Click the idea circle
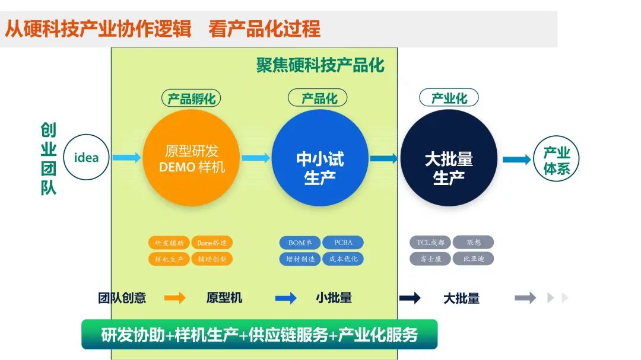pyautogui.click(x=86, y=158)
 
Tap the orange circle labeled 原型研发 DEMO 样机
pyautogui.click(x=191, y=158)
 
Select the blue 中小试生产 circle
pyautogui.click(x=320, y=158)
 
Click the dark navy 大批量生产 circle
pyautogui.click(x=449, y=158)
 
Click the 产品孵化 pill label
pyautogui.click(x=191, y=98)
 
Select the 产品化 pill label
pyautogui.click(x=318, y=98)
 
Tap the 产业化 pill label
pyautogui.click(x=449, y=98)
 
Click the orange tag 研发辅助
pyautogui.click(x=169, y=243)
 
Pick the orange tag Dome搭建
pyautogui.click(x=212, y=243)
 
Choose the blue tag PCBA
pyautogui.click(x=343, y=243)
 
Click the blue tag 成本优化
pyautogui.click(x=343, y=259)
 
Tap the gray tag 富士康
pyautogui.click(x=430, y=259)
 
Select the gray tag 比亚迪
pyautogui.click(x=474, y=259)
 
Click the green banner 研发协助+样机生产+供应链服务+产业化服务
pyautogui.click(x=259, y=334)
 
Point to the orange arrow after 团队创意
pyautogui.click(x=175, y=298)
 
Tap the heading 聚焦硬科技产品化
pyautogui.click(x=320, y=65)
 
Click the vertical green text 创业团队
pyautogui.click(x=48, y=159)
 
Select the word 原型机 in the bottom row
pyautogui.click(x=224, y=298)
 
